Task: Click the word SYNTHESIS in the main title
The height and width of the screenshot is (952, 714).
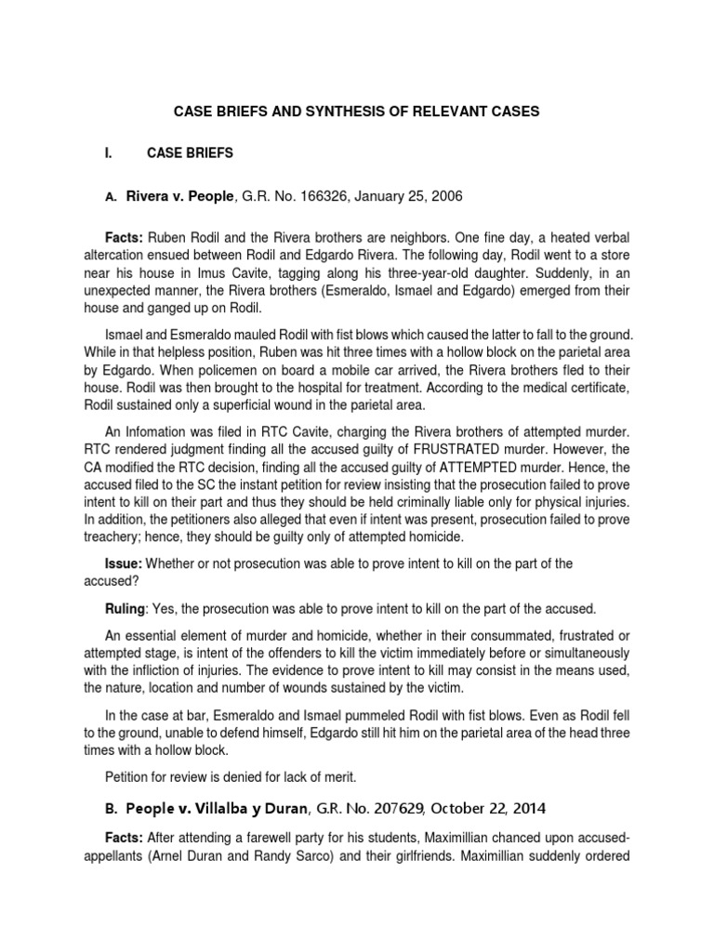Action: (x=344, y=111)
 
